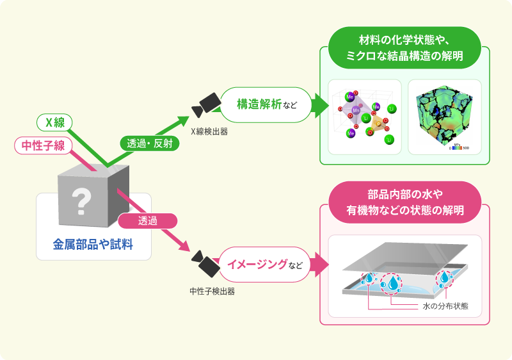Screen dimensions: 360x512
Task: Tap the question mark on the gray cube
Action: pyautogui.click(x=81, y=200)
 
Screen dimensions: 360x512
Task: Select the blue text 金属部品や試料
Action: pyautogui.click(x=93, y=244)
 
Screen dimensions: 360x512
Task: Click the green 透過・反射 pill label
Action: pyautogui.click(x=149, y=143)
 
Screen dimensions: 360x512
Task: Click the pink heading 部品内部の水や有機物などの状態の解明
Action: pyautogui.click(x=404, y=201)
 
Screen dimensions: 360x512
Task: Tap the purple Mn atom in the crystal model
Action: pyautogui.click(x=356, y=111)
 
